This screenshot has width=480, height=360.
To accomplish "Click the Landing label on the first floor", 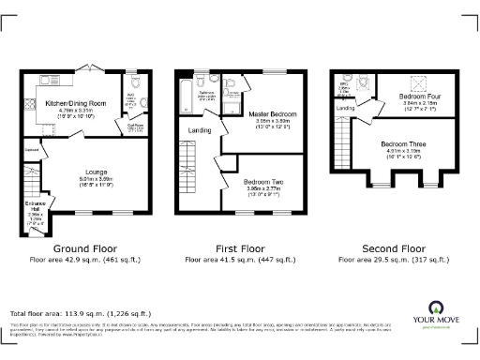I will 200,130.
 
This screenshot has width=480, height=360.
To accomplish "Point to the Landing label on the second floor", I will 346,109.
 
